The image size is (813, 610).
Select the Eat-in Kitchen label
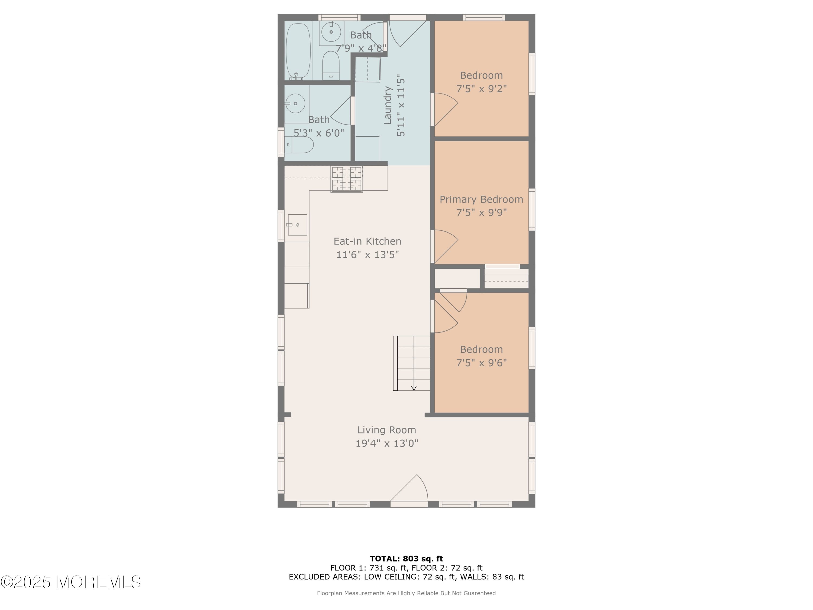[367, 241]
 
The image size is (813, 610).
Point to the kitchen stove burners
[347, 179]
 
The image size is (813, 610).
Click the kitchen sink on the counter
[297, 225]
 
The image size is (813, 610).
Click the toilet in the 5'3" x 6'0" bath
[299, 145]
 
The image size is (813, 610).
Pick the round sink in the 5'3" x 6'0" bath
[295, 103]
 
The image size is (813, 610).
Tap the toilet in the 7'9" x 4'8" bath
[331, 65]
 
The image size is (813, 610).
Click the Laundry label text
[387, 105]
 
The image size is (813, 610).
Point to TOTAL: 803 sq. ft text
[406, 559]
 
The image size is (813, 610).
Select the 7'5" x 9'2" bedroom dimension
[482, 89]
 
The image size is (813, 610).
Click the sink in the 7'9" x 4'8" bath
[331, 32]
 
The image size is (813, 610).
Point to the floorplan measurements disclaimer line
[406, 593]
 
